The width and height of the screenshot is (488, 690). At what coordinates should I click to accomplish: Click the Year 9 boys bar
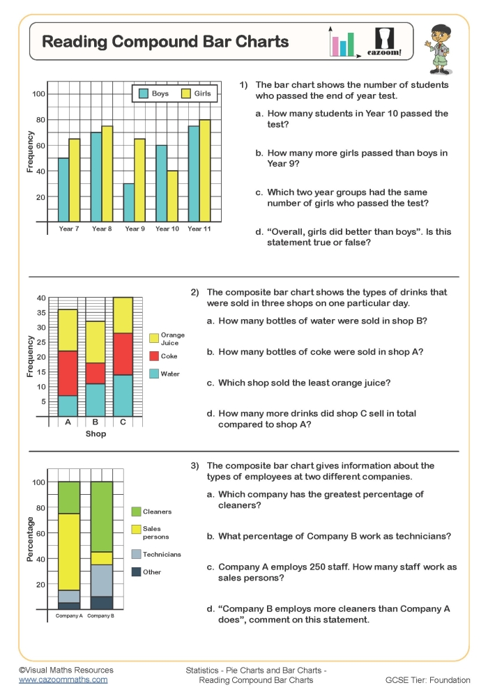pos(128,203)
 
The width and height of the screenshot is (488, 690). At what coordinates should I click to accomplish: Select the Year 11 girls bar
pos(204,171)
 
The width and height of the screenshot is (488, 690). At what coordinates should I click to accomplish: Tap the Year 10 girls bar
pos(172,196)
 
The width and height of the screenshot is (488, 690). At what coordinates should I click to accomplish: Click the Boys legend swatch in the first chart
pos(143,93)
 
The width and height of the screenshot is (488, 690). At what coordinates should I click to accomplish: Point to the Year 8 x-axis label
pos(102,229)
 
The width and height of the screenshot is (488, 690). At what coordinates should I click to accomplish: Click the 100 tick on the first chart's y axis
pos(38,94)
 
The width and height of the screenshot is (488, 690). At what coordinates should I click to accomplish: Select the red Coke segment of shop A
pos(68,373)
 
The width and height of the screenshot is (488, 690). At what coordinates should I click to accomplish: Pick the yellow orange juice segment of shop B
pos(96,342)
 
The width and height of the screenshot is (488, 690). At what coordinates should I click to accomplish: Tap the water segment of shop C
pos(123,395)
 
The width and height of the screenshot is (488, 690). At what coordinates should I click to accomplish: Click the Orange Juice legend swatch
pos(154,338)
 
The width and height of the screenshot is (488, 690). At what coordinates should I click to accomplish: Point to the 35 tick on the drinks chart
pos(41,313)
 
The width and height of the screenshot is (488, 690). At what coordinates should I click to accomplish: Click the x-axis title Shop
pos(96,434)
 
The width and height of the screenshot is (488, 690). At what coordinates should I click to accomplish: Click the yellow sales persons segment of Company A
pos(69,551)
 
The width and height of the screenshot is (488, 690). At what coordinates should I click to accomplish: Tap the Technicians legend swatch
pos(136,554)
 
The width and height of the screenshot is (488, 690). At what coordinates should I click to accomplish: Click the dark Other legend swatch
pos(136,572)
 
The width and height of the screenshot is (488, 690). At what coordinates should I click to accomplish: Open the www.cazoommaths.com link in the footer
pos(63,680)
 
